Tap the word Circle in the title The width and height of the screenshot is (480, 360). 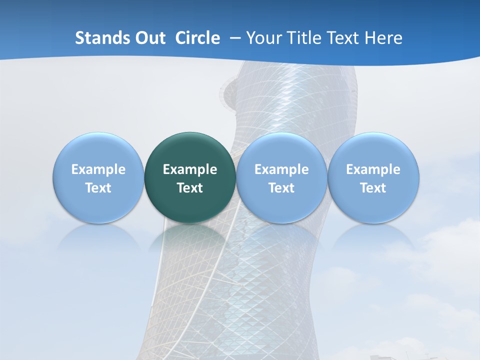click(197, 38)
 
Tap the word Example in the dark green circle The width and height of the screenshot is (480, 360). click(190, 169)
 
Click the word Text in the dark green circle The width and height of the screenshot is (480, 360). click(190, 188)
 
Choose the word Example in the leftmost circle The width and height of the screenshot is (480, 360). click(98, 169)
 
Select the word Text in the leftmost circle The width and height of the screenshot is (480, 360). click(98, 188)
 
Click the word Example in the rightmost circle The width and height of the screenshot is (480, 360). click(373, 169)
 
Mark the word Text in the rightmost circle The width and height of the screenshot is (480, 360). click(373, 188)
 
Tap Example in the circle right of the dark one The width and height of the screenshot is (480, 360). click(281, 169)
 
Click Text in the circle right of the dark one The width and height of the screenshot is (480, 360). click(281, 188)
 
